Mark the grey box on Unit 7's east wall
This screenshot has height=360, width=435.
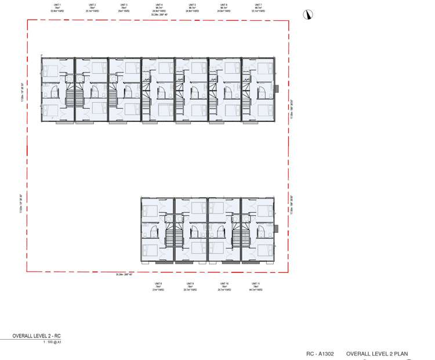tap(277, 89)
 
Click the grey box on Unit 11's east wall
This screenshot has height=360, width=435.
tap(277, 228)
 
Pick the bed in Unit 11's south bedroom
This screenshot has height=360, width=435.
tap(265, 250)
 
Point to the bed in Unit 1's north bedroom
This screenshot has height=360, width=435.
tap(50, 72)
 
